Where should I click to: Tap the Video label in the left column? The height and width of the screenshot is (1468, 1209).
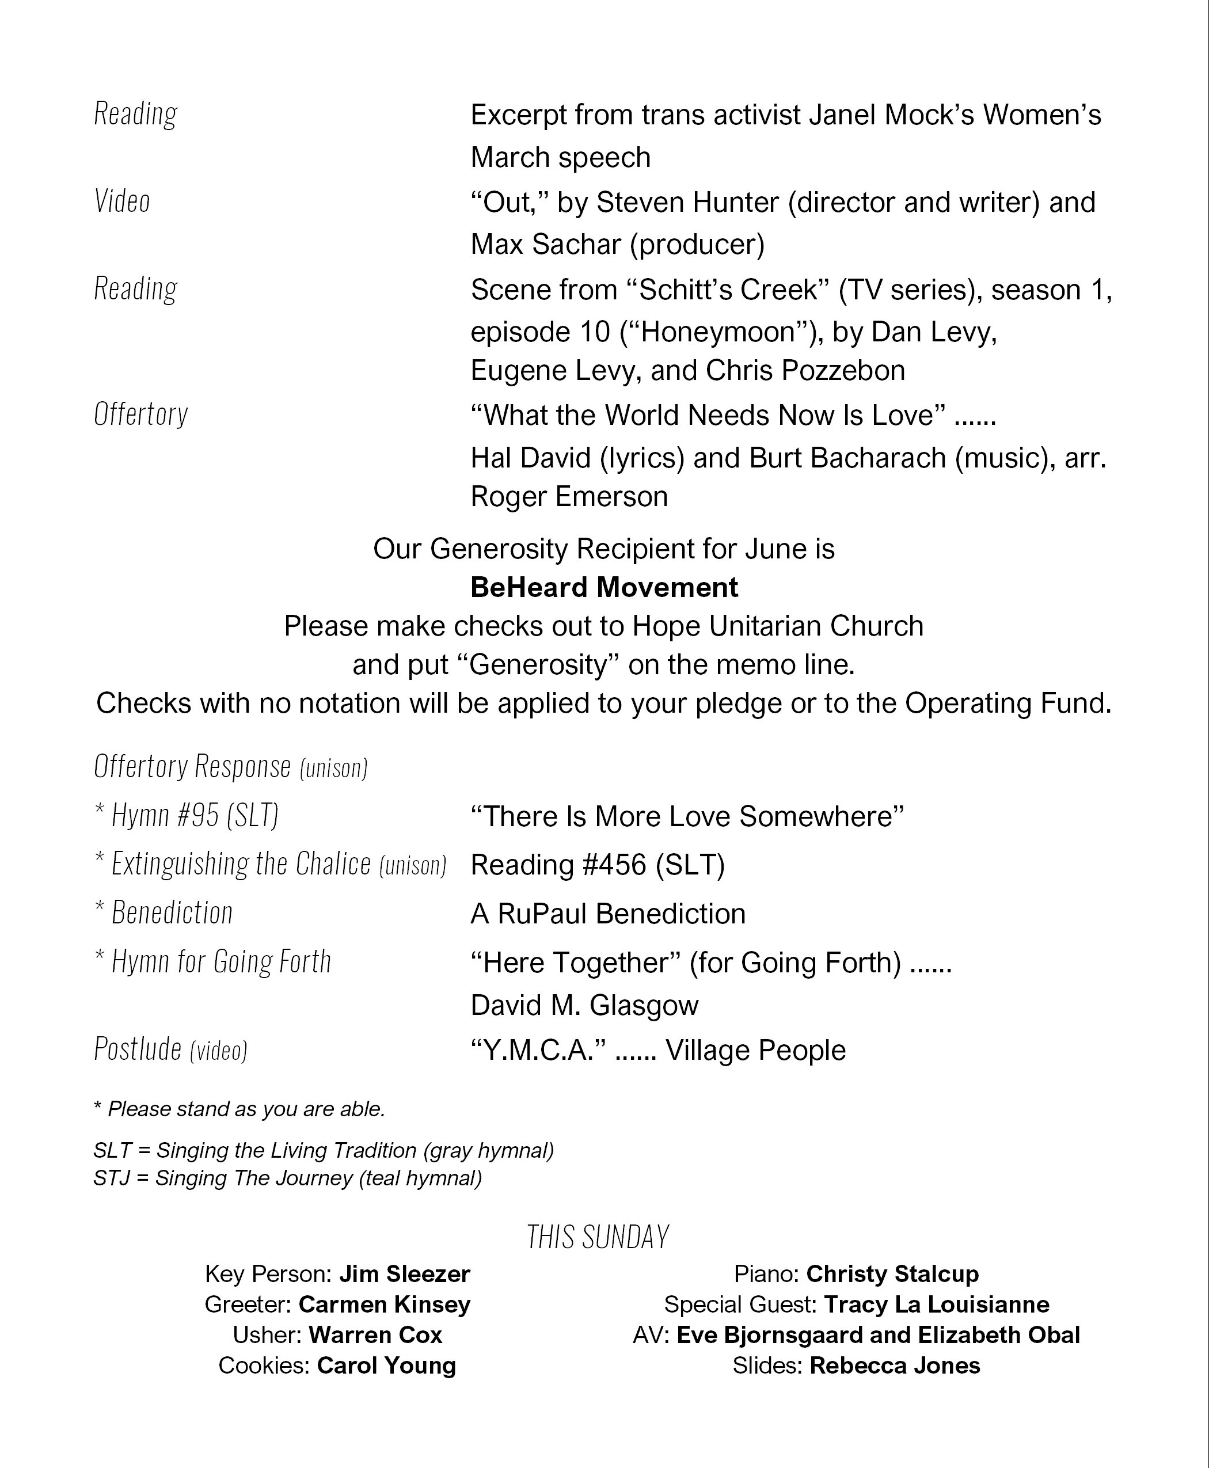pos(122,201)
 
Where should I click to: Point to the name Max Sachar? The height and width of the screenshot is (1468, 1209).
pos(545,245)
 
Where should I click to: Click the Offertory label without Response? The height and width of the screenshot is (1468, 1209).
pos(140,414)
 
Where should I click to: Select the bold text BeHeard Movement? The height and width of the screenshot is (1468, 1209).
pos(604,587)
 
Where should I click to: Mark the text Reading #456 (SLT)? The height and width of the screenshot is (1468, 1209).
pos(598,865)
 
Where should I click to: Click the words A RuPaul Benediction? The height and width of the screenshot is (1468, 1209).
pos(608,914)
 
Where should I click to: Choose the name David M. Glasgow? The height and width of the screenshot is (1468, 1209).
pos(584,1005)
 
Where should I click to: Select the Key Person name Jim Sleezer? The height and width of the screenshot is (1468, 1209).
pos(405,1273)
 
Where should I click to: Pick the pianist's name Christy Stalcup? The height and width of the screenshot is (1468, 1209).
pos(892,1273)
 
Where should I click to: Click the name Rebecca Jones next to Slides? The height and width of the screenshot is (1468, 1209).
pos(894,1365)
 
